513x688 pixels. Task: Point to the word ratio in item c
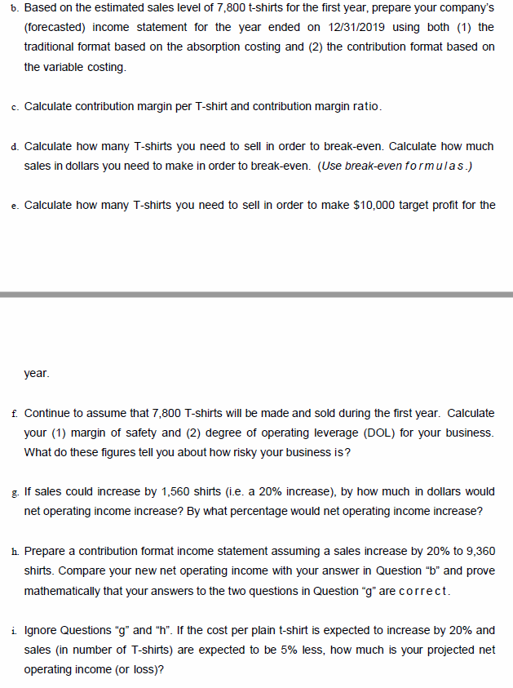coord(365,107)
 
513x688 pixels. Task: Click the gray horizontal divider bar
coord(256,294)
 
